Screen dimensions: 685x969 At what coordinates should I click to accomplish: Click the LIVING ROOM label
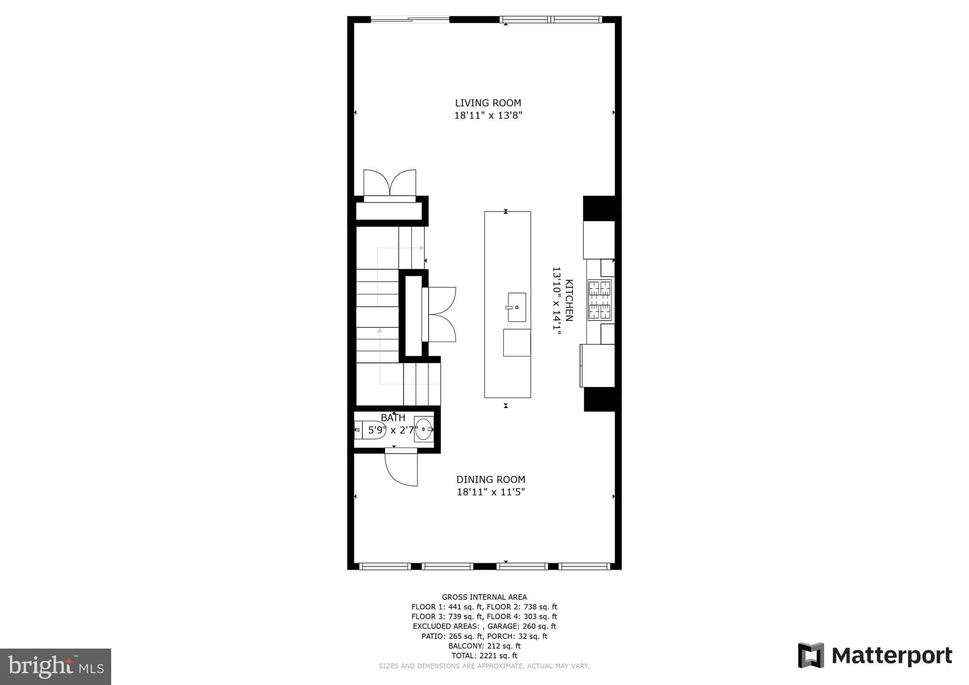click(488, 103)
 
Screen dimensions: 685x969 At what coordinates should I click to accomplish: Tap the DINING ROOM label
click(491, 480)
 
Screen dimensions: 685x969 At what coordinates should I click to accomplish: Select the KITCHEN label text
click(569, 300)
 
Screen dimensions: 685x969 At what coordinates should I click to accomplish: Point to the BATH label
click(393, 418)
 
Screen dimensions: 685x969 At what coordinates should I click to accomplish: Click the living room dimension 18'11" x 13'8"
click(488, 115)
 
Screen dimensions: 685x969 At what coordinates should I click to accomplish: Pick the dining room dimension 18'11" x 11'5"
click(491, 492)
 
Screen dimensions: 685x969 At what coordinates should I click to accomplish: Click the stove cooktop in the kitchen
click(599, 300)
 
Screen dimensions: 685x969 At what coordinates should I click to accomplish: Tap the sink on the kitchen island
click(517, 307)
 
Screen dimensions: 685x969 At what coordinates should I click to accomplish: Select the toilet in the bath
click(370, 430)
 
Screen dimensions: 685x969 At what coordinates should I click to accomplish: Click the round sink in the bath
click(423, 430)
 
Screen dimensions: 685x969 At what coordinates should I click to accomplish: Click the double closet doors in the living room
click(389, 184)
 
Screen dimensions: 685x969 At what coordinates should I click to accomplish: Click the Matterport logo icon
click(811, 655)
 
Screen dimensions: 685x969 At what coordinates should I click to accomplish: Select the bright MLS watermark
click(55, 667)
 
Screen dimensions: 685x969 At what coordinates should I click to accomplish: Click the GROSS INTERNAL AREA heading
click(484, 597)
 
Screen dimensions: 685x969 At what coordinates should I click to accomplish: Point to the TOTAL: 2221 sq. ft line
click(484, 656)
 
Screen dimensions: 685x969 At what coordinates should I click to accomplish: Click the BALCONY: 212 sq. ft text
click(484, 646)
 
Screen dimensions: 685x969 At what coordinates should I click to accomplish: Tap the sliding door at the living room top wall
click(410, 19)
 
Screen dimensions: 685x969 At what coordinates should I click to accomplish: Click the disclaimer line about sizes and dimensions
click(484, 666)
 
